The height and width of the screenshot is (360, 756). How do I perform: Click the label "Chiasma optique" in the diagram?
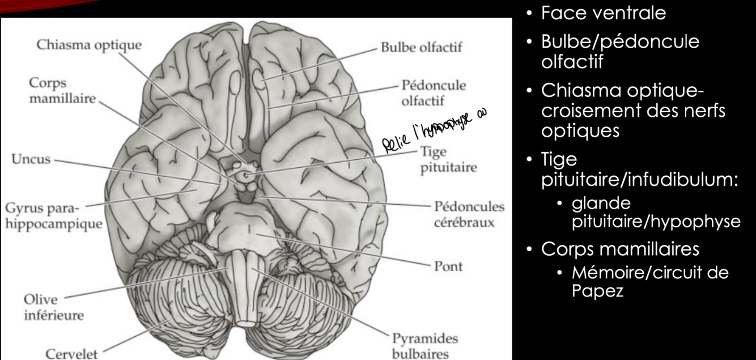(89, 45)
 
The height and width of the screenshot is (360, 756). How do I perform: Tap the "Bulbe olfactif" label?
(421, 47)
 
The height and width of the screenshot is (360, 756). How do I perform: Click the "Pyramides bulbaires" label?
(424, 346)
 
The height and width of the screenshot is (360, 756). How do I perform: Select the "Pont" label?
(448, 266)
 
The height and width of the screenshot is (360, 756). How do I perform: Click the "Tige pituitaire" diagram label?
(448, 160)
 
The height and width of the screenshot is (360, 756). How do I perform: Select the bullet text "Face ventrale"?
(603, 13)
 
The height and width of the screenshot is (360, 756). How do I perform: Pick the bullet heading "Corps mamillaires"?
(620, 249)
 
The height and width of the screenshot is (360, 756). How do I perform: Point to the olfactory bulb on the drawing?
(259, 80)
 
